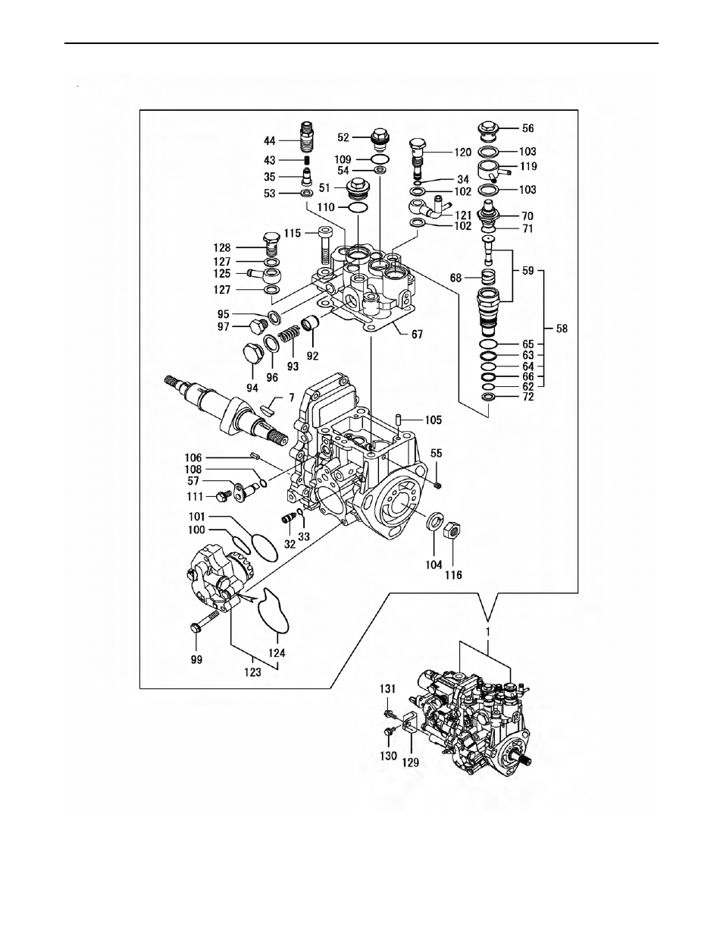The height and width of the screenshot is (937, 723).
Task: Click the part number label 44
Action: (x=270, y=141)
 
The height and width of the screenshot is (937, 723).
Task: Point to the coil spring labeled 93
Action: (x=289, y=334)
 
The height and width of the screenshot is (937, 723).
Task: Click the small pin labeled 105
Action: (x=399, y=419)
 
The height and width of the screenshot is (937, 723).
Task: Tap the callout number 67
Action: (x=417, y=334)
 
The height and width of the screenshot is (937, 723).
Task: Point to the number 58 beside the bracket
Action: (x=562, y=329)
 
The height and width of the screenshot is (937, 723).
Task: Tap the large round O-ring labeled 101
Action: (x=264, y=548)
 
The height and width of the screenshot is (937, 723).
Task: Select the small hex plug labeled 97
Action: (x=255, y=327)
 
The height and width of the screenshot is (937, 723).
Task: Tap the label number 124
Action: (x=277, y=652)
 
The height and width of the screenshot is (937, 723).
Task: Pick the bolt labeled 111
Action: (x=223, y=496)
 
